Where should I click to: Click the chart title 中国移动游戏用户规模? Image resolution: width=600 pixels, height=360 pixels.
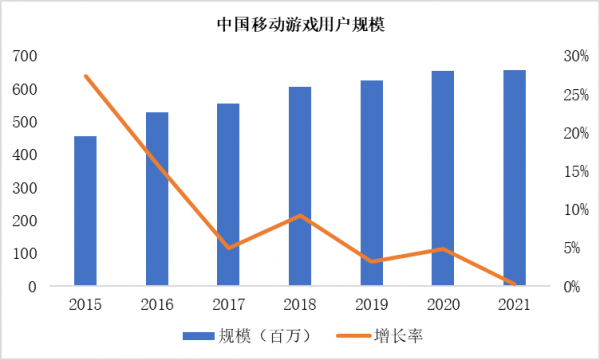pyautogui.click(x=301, y=24)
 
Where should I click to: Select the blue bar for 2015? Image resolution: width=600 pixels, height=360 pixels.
pyautogui.click(x=86, y=211)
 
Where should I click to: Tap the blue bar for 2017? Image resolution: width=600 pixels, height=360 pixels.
pyautogui.click(x=228, y=195)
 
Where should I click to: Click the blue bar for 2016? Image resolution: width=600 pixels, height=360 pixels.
pyautogui.click(x=157, y=199)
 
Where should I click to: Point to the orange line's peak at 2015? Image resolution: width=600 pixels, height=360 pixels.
pyautogui.click(x=86, y=76)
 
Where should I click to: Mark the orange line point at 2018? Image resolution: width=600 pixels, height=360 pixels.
pyautogui.click(x=300, y=216)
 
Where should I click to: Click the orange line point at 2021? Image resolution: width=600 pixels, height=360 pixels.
pyautogui.click(x=514, y=285)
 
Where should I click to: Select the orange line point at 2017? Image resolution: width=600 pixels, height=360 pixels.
pyautogui.click(x=228, y=247)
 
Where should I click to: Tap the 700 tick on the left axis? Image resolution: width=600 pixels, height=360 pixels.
pyautogui.click(x=25, y=56)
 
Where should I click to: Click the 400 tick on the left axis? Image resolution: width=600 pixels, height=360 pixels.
pyautogui.click(x=25, y=155)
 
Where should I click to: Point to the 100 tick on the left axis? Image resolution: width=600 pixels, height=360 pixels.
pyautogui.click(x=25, y=254)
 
